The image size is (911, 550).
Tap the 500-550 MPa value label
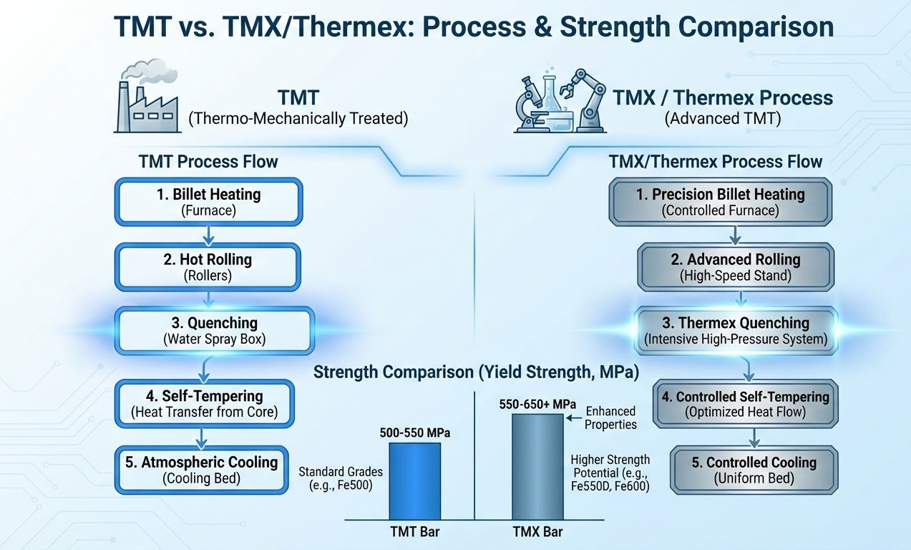415,433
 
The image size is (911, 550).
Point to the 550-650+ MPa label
537,405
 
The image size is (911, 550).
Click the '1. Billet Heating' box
208,201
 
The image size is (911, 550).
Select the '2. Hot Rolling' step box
208,266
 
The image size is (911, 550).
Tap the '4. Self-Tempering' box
205,402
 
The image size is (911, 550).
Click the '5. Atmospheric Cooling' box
201,469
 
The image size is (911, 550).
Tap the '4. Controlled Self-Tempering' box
752,404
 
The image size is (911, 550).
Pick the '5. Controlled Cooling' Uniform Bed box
754,469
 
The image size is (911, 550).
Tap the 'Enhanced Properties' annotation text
610,418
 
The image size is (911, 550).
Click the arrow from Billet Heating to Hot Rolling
207,233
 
